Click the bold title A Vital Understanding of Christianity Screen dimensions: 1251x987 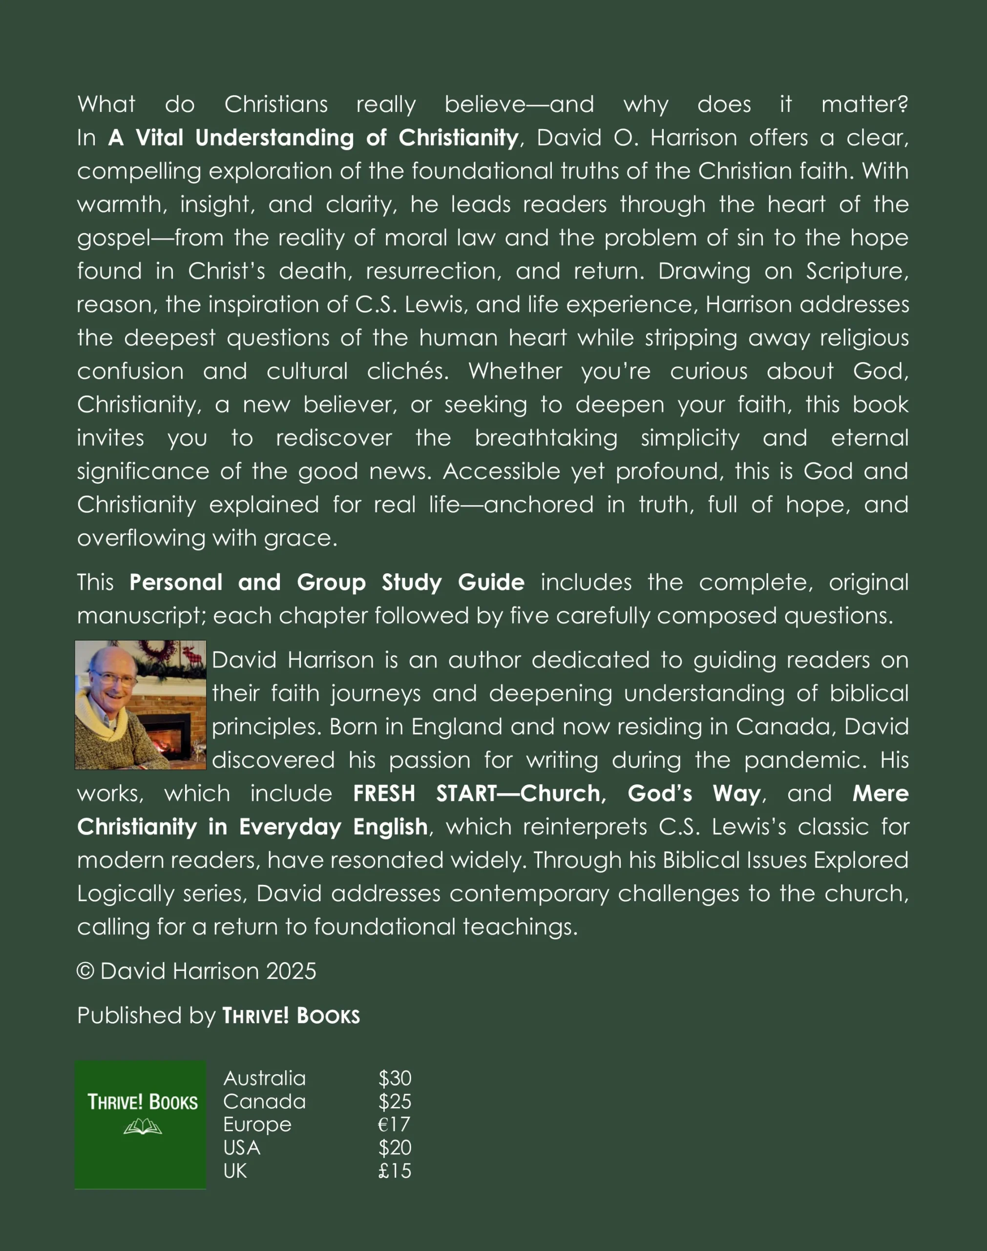(313, 138)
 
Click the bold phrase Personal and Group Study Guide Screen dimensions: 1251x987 (327, 582)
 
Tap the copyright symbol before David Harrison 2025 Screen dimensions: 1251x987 (85, 971)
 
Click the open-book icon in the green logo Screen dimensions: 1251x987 (142, 1127)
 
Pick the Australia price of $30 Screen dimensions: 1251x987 (395, 1078)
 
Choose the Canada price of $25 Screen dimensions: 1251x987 (395, 1101)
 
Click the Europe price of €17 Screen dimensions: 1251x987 (394, 1124)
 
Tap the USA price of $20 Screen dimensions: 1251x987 (395, 1147)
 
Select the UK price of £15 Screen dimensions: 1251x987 (394, 1171)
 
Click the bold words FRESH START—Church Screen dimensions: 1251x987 (479, 794)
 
